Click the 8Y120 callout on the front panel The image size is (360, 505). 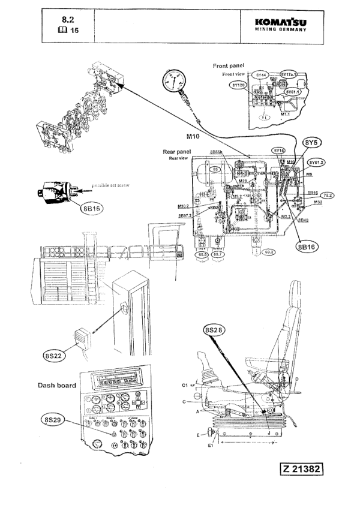(x=238, y=86)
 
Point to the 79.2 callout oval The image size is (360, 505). (x=327, y=196)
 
